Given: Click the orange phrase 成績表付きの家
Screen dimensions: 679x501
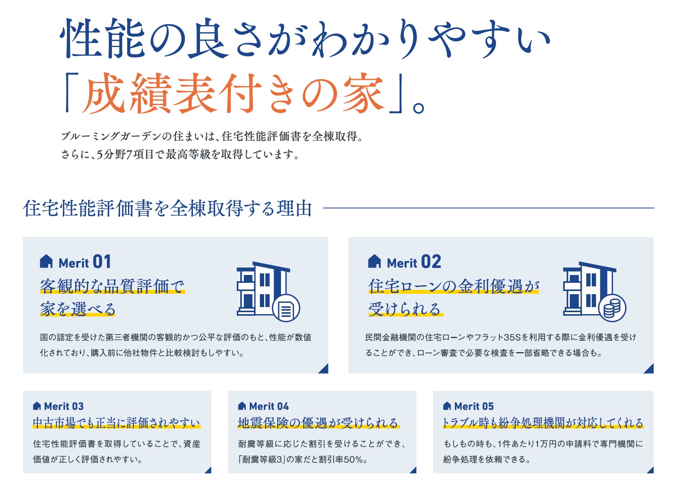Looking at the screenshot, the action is [232, 93].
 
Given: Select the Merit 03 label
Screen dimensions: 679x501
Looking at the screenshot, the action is [64, 406].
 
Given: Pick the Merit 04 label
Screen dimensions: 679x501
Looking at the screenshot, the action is [269, 406].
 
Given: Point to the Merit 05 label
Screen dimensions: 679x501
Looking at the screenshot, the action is [474, 406].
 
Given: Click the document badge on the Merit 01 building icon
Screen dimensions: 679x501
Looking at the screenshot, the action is [286, 308].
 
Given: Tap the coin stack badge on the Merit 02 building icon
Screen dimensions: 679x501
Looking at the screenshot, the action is [612, 308].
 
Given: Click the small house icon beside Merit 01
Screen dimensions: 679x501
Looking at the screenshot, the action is [46, 261].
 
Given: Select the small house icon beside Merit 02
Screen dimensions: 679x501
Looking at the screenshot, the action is [375, 261].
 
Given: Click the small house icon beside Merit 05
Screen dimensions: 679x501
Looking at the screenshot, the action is [447, 406].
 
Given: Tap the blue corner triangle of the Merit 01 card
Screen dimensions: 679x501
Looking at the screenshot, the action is [325, 369].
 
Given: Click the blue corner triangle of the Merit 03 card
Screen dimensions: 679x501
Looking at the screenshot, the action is [209, 470].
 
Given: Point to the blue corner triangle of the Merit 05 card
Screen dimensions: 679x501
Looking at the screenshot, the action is [651, 470].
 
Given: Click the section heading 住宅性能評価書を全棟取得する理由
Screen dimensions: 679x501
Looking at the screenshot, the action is [167, 208].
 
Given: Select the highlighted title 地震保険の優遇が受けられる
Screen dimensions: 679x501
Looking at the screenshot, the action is [318, 423].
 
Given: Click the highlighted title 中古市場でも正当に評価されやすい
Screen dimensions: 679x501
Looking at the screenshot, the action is [116, 423].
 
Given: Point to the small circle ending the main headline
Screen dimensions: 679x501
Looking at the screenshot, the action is [418, 108].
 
